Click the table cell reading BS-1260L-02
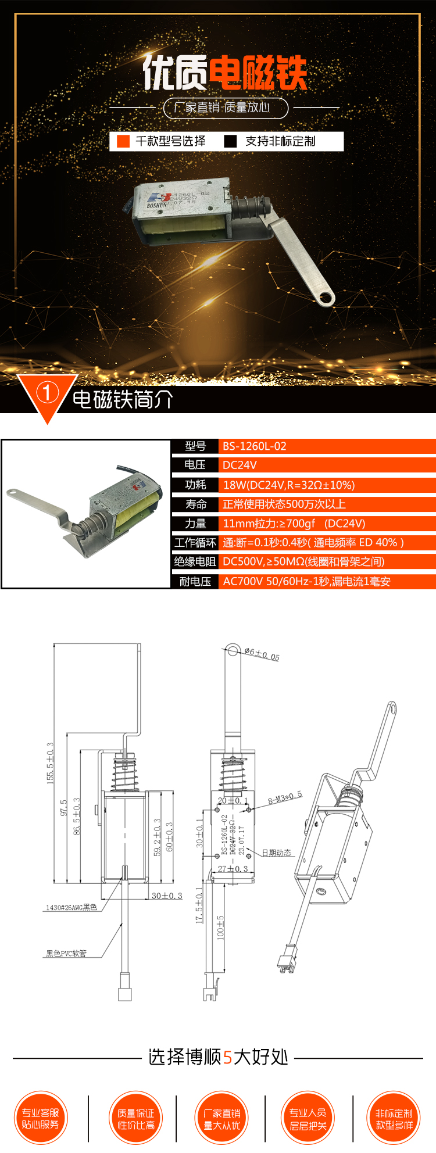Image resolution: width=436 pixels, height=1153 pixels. [255, 446]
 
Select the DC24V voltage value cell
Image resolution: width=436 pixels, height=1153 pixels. [240, 465]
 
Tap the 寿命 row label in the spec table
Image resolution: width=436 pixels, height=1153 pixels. [195, 504]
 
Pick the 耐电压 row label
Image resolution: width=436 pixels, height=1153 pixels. [195, 581]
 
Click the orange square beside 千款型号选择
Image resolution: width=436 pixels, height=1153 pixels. [123, 141]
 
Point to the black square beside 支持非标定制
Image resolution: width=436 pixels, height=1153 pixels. [230, 141]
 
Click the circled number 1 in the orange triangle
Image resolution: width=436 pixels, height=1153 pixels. [47, 393]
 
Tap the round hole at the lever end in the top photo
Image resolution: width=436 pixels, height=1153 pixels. [326, 298]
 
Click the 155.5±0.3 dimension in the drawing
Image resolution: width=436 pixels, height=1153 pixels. [50, 763]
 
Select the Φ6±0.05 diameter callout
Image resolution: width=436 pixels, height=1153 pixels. [262, 654]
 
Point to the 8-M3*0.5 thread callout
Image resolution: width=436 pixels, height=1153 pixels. [285, 798]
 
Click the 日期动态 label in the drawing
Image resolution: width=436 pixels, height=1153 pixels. [276, 853]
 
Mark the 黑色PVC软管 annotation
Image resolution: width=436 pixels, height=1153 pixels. [66, 954]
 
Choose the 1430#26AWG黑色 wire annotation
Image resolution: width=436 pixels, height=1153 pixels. [72, 907]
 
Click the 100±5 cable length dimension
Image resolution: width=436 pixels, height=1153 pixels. [220, 927]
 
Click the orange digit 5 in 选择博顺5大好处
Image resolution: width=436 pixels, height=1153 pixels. [227, 1057]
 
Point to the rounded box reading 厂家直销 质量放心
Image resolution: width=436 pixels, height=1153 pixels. [226, 108]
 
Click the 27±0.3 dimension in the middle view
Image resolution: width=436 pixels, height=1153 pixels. [233, 869]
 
